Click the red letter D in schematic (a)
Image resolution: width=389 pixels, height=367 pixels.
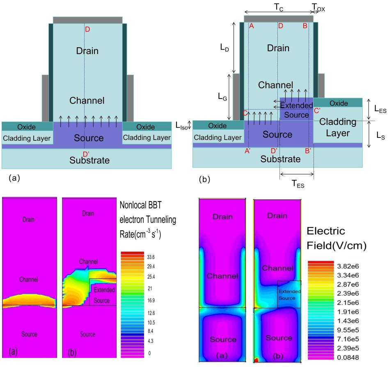pyautogui.click(x=87, y=29)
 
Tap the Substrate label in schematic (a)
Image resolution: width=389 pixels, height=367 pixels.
pyautogui.click(x=89, y=160)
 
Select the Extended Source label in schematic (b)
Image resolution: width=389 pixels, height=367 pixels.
pyautogui.click(x=296, y=110)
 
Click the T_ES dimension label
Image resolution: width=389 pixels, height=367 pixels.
pyautogui.click(x=298, y=184)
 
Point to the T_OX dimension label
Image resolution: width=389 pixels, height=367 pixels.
pyautogui.click(x=318, y=8)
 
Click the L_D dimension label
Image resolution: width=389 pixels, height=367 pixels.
pyautogui.click(x=224, y=47)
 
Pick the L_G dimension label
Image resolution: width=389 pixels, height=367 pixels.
pyautogui.click(x=222, y=96)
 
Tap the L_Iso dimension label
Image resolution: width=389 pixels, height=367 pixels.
pyautogui.click(x=182, y=126)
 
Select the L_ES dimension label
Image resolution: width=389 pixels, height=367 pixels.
pyautogui.click(x=380, y=109)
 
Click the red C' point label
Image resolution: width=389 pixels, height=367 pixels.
pyautogui.click(x=317, y=111)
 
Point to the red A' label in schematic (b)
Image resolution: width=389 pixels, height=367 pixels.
pyautogui.click(x=247, y=151)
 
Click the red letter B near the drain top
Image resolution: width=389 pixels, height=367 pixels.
pyautogui.click(x=305, y=26)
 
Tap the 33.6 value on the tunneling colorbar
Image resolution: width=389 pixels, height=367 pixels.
pyautogui.click(x=151, y=257)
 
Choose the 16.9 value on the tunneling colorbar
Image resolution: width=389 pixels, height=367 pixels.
pyautogui.click(x=151, y=300)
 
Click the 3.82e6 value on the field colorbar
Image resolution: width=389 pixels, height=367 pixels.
pyautogui.click(x=348, y=266)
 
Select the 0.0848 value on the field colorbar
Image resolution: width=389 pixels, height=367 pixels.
pyautogui.click(x=348, y=358)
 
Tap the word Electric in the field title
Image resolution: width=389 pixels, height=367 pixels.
pyautogui.click(x=326, y=231)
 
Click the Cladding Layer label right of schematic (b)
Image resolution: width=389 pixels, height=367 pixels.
pyautogui.click(x=338, y=127)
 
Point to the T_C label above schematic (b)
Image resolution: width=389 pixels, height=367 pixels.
pyautogui.click(x=279, y=7)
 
